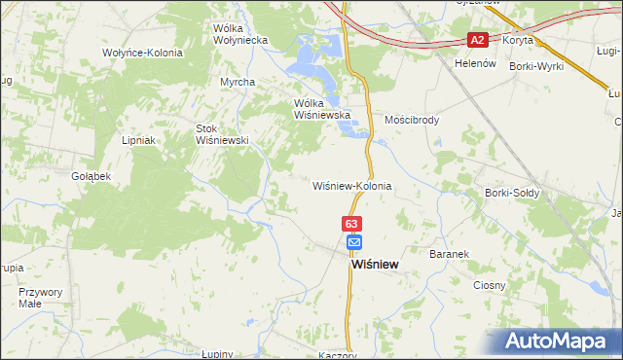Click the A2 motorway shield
pos(477,40)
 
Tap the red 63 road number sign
pos(352,224)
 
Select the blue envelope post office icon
pos(353,242)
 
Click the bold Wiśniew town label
pos(374,264)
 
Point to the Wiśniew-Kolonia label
pos(351,185)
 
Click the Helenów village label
pos(476,62)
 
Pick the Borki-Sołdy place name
pos(512,193)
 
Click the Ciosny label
pos(489,285)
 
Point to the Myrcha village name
pos(238,82)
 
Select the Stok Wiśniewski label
pos(223,134)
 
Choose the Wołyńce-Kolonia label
pos(142,53)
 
